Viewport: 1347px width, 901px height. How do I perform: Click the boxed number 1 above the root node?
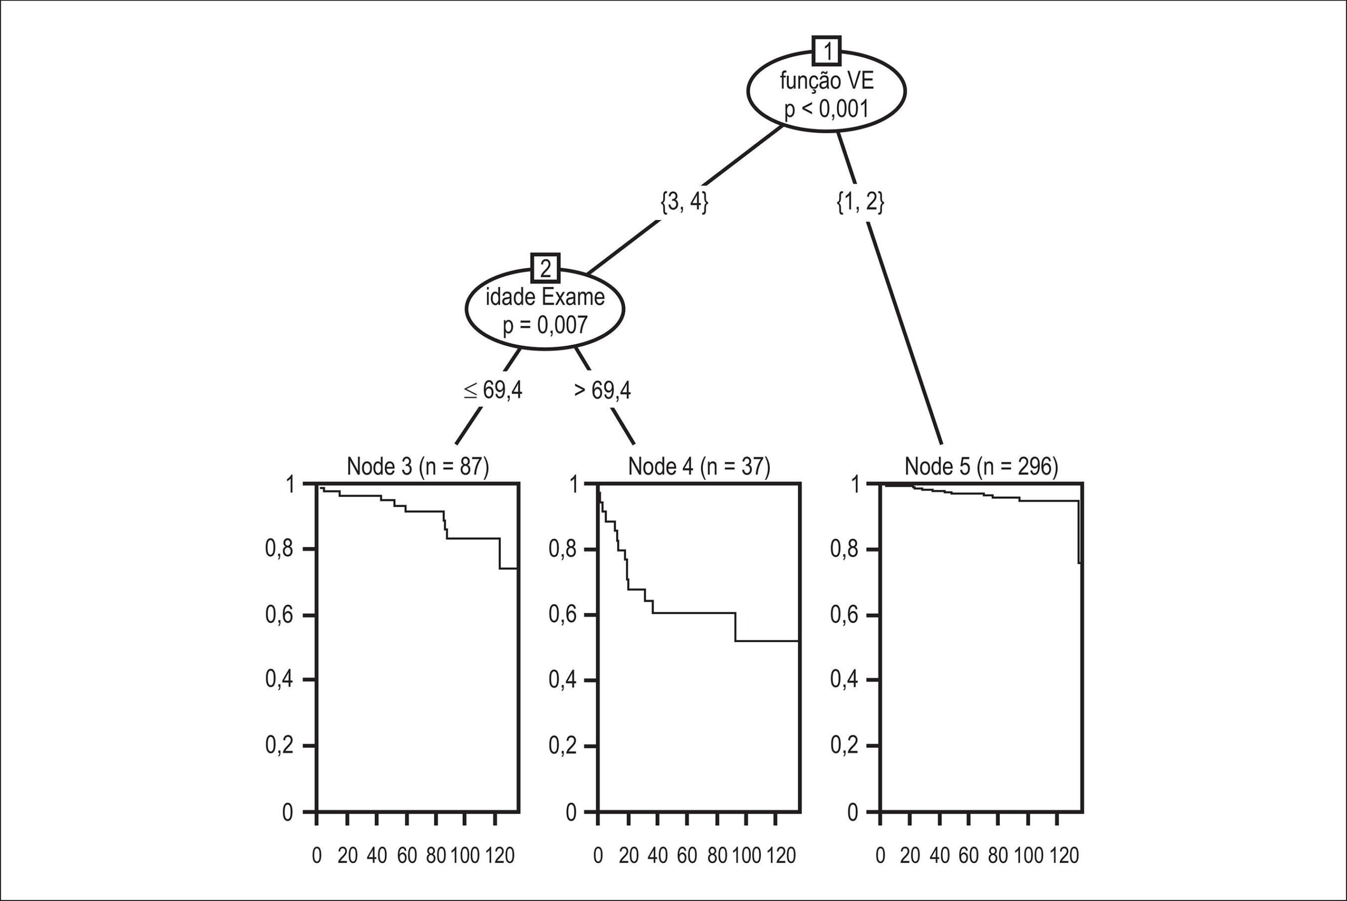(x=826, y=52)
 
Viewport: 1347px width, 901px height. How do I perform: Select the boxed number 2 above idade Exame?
(x=545, y=268)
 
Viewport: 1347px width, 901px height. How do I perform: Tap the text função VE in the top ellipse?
(x=827, y=81)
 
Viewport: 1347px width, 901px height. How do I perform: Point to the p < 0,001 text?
(x=827, y=108)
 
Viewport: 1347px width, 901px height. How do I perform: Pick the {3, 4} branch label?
(x=684, y=202)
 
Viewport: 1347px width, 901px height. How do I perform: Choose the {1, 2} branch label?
(x=860, y=202)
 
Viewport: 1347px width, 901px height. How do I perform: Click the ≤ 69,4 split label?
(x=493, y=390)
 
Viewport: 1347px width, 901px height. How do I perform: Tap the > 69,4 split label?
(x=602, y=390)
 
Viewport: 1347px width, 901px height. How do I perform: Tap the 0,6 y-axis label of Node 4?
(x=563, y=615)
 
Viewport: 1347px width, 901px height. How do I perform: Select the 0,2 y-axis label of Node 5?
(x=845, y=746)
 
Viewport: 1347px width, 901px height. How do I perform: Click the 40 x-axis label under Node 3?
(x=376, y=856)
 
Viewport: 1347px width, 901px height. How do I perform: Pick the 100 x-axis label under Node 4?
(x=746, y=856)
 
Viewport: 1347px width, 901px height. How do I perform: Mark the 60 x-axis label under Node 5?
(x=969, y=856)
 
